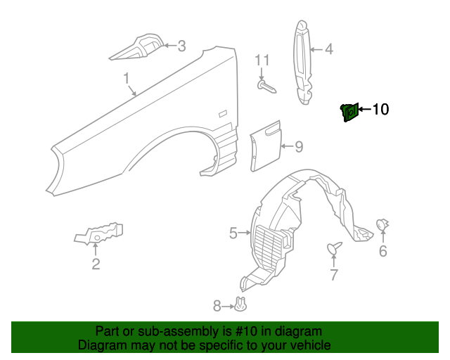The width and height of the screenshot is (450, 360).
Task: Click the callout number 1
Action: (x=127, y=79)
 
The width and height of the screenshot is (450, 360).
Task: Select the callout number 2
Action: (x=95, y=264)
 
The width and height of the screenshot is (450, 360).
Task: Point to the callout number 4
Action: (x=328, y=50)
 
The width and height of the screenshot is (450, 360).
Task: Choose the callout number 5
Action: (x=233, y=232)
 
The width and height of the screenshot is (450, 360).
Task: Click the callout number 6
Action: (x=383, y=251)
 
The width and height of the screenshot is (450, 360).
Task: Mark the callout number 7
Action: (x=334, y=274)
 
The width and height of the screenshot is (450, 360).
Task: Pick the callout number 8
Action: (x=217, y=305)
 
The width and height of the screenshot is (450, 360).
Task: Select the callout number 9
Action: (x=298, y=147)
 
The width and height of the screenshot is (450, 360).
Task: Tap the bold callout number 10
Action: (x=380, y=109)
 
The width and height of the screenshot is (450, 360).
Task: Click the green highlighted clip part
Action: (x=348, y=112)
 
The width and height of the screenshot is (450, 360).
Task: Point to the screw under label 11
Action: (x=266, y=86)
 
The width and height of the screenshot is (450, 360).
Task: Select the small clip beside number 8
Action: (x=243, y=304)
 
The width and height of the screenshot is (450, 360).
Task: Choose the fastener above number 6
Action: (x=383, y=224)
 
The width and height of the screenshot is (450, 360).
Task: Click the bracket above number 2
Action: (x=99, y=233)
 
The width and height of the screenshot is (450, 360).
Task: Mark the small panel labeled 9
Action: (x=264, y=146)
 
